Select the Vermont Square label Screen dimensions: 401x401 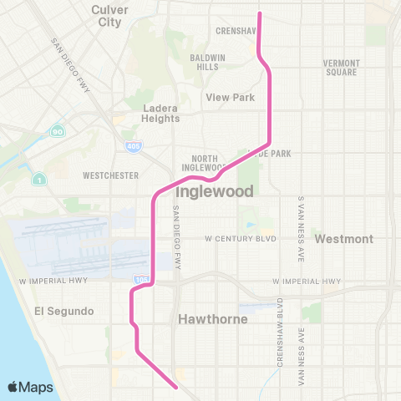[x=342, y=68]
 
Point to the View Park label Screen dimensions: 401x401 [x=231, y=98]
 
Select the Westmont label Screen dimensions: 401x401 [x=343, y=239]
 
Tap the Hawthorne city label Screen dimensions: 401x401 [x=207, y=319]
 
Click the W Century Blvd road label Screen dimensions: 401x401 [x=241, y=238]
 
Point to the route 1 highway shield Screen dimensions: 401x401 [x=38, y=177]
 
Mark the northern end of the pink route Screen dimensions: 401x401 [x=260, y=14]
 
